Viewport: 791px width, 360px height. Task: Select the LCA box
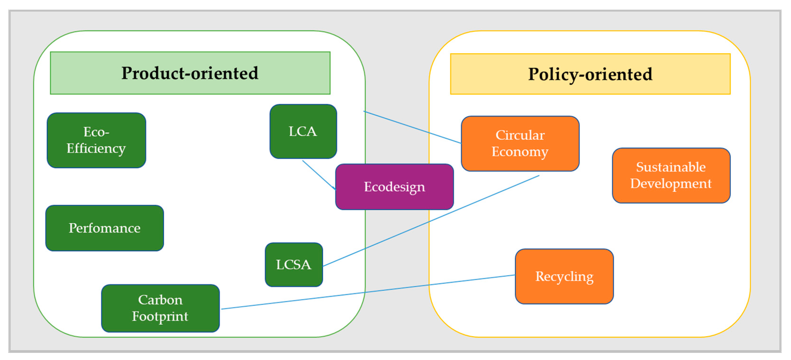(303, 131)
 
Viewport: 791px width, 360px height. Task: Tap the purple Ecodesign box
(394, 187)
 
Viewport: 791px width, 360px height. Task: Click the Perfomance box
(104, 228)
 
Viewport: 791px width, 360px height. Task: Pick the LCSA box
(294, 264)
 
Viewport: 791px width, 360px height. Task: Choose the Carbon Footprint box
(160, 308)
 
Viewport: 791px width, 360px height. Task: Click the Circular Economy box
(520, 143)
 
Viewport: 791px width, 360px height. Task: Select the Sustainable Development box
(671, 175)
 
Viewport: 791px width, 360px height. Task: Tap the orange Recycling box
(564, 276)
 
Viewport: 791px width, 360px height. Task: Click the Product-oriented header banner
(190, 73)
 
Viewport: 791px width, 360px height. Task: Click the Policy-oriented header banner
(590, 74)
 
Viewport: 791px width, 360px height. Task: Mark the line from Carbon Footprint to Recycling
(369, 292)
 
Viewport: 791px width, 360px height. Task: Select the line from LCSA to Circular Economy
(430, 221)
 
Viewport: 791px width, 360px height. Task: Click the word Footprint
(160, 316)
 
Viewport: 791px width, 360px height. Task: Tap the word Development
(671, 184)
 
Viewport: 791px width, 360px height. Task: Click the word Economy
(520, 152)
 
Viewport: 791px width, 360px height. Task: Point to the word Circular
(520, 135)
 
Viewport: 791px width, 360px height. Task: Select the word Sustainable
(671, 167)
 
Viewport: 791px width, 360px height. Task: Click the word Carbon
(160, 300)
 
